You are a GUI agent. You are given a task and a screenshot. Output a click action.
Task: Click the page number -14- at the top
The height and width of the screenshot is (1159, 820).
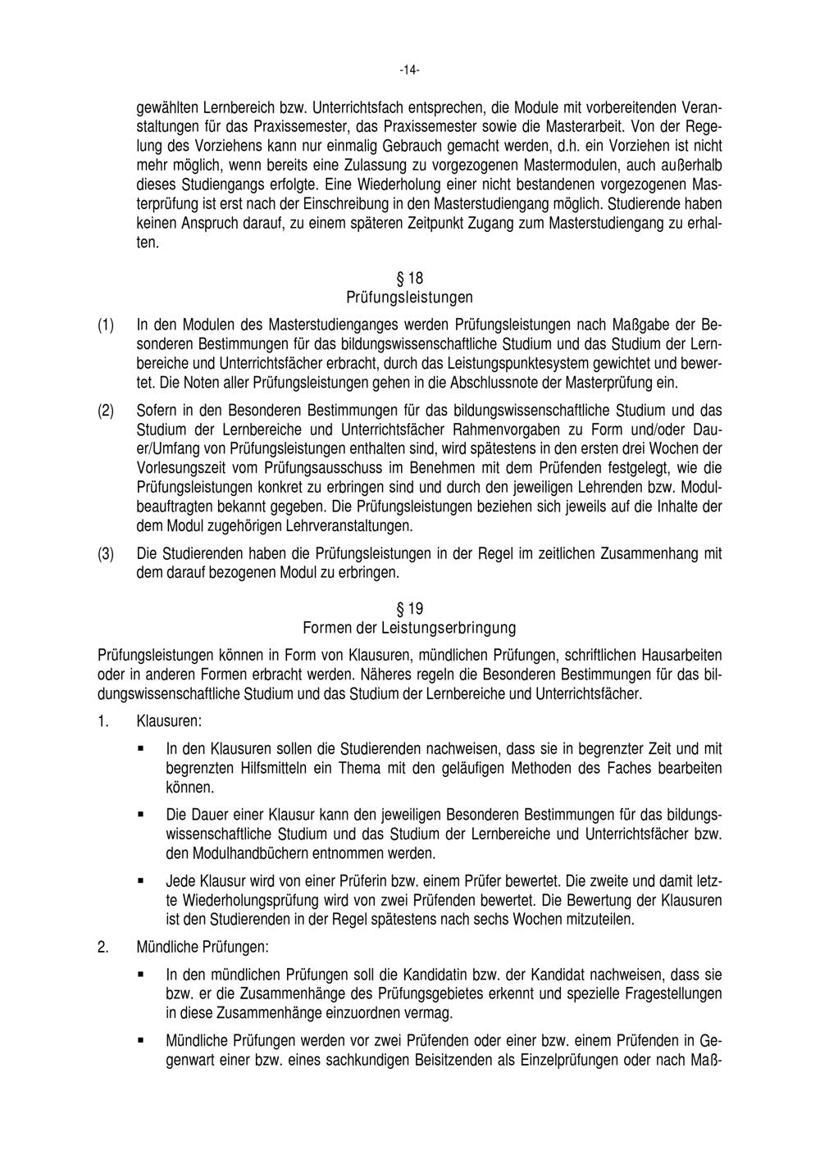tap(410, 71)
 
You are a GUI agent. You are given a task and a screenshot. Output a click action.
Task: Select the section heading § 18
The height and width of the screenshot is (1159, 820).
tap(410, 278)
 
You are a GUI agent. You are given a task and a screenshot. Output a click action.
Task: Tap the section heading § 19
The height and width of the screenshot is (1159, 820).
tap(410, 609)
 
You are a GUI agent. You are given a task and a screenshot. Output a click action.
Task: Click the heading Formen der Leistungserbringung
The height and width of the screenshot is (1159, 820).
tap(410, 628)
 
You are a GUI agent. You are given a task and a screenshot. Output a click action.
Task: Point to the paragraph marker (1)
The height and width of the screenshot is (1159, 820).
tap(106, 325)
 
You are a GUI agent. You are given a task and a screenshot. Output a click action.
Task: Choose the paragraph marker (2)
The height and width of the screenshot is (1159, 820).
tap(106, 410)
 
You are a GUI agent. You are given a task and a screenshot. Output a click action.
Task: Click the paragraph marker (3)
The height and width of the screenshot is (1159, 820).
tap(106, 553)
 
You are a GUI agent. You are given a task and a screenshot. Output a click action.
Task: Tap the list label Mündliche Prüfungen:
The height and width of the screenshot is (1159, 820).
tap(203, 948)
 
